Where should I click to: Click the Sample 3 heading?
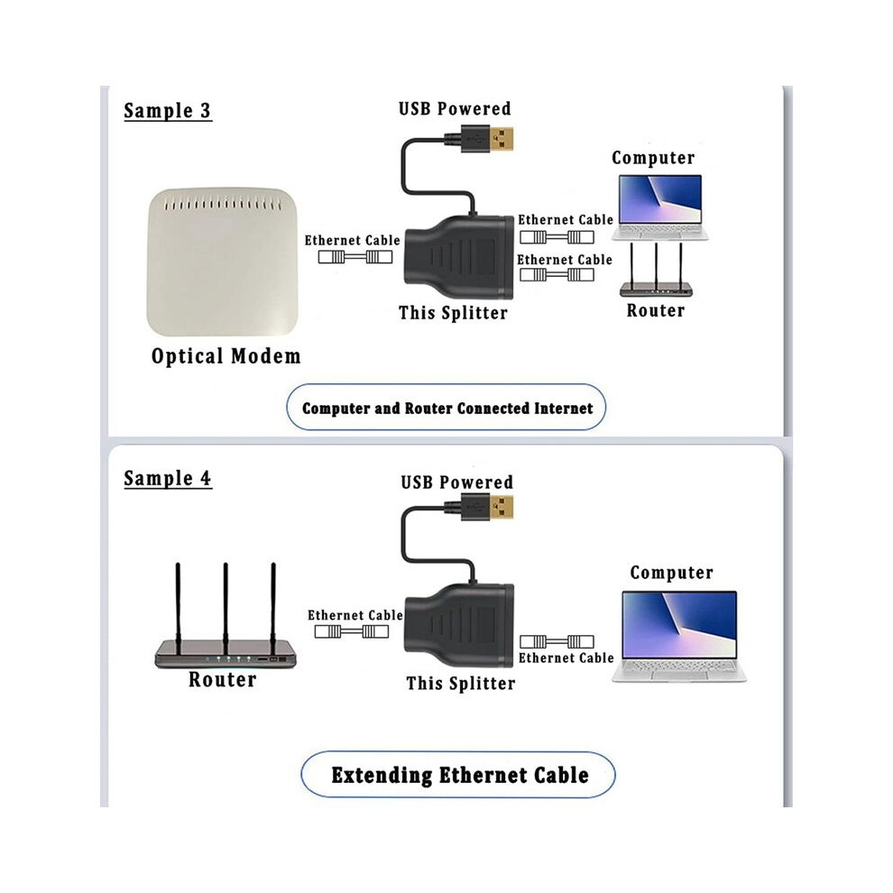click(x=168, y=110)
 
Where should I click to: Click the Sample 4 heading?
click(x=168, y=478)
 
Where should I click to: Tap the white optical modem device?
click(x=222, y=262)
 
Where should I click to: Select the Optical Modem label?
click(x=226, y=356)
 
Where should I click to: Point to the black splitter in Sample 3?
click(x=459, y=257)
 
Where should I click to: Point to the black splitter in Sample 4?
click(x=459, y=626)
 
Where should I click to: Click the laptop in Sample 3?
click(x=660, y=207)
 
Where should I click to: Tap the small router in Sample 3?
click(x=656, y=270)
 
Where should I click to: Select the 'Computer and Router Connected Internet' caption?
click(x=447, y=408)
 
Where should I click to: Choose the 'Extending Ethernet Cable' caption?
click(x=460, y=775)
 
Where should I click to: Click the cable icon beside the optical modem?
click(x=354, y=257)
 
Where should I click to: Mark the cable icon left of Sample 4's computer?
click(x=557, y=642)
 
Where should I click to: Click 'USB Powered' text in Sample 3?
click(x=455, y=108)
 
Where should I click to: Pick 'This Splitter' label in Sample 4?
click(x=460, y=683)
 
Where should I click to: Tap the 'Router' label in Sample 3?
click(x=656, y=310)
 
